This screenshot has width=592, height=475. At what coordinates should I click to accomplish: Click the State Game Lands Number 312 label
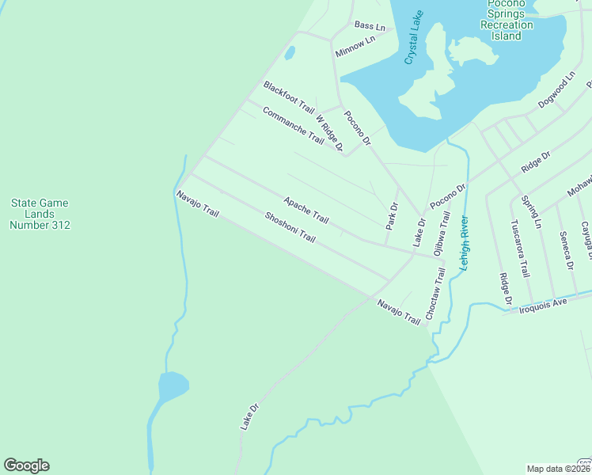click(x=40, y=214)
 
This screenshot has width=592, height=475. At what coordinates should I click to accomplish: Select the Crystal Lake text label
click(x=414, y=39)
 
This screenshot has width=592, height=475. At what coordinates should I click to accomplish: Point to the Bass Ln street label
click(x=370, y=26)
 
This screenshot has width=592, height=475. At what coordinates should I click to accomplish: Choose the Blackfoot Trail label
click(x=289, y=97)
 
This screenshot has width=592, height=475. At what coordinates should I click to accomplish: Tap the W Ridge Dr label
click(x=329, y=133)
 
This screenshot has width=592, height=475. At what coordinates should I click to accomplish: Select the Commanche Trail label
click(x=293, y=125)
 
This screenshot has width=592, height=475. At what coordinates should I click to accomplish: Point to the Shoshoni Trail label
click(x=290, y=227)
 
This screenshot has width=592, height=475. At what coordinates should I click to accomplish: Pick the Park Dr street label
click(x=391, y=216)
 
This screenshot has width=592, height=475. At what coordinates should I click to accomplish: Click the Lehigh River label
click(x=465, y=243)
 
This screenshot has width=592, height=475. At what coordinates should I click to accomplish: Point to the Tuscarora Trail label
click(x=519, y=249)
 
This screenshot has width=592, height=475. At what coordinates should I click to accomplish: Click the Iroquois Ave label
click(x=544, y=304)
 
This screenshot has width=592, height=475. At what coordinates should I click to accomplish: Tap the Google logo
click(x=26, y=465)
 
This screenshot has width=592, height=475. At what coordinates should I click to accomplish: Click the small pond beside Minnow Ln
click(x=290, y=53)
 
